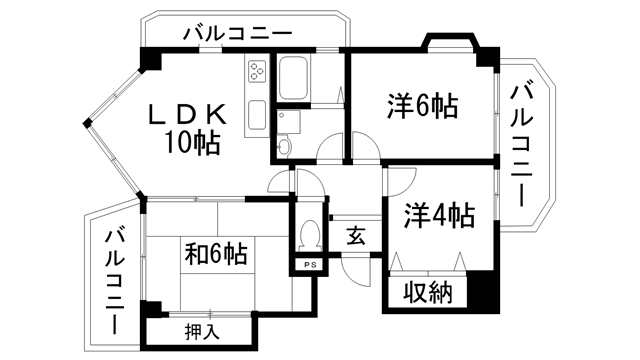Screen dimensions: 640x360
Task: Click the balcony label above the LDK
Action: (237, 34)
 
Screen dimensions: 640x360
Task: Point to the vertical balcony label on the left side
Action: (114, 281)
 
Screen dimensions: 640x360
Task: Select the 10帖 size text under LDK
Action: (194, 143)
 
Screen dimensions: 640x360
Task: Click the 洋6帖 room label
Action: (421, 105)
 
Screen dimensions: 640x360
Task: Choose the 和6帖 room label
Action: (216, 254)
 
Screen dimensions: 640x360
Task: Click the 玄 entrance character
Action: (356, 237)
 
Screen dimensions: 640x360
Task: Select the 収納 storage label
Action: (427, 294)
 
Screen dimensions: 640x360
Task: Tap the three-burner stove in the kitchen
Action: (256, 74)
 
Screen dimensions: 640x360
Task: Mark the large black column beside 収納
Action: (483, 291)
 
